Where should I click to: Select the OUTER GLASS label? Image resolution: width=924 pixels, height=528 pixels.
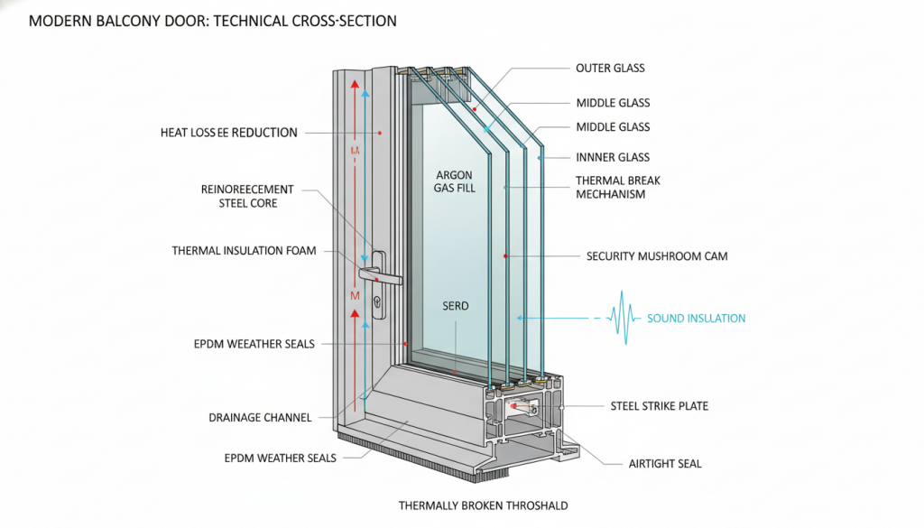tap(610, 68)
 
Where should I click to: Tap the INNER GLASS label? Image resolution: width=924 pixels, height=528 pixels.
tap(612, 157)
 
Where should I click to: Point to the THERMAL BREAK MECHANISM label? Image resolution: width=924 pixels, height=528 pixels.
tap(617, 187)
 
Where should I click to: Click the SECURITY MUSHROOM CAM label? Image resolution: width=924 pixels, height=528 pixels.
tap(656, 256)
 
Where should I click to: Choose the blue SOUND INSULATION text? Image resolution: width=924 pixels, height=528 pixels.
tap(696, 319)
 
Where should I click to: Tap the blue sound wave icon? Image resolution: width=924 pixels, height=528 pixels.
tap(624, 318)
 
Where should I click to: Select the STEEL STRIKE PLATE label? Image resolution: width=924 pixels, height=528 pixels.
tap(659, 406)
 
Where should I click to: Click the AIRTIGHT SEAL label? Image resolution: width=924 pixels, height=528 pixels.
tap(664, 464)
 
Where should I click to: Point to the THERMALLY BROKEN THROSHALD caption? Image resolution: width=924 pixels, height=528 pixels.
tap(483, 506)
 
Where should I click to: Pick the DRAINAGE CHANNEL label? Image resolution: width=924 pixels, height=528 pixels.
tap(261, 418)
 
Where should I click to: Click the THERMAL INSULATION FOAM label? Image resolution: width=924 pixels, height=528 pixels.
tap(244, 250)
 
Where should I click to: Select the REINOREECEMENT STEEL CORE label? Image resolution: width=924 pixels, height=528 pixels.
tap(247, 196)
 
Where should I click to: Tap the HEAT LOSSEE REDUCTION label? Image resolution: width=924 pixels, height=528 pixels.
tap(228, 133)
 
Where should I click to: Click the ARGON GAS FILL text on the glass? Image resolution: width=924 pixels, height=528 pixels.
tap(456, 181)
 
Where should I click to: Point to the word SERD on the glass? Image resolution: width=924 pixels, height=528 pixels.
tap(456, 306)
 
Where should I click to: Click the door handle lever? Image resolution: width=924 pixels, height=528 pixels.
tap(370, 272)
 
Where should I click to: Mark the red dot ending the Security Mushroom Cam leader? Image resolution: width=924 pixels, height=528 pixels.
tap(506, 256)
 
